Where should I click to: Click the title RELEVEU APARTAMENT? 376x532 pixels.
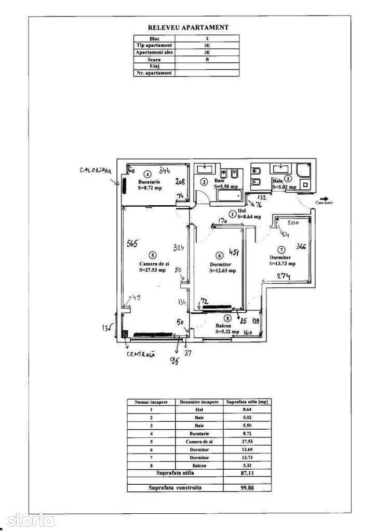[x=188, y=28]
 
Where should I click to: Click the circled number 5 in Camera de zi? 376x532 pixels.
[x=152, y=255]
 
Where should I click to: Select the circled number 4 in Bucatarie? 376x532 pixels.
[x=147, y=174]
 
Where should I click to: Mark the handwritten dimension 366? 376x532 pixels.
[x=301, y=246]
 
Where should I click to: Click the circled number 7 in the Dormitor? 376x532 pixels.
[x=281, y=249]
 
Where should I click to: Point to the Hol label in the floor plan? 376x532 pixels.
[x=241, y=211]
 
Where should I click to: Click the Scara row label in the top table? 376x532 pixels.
[x=154, y=59]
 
